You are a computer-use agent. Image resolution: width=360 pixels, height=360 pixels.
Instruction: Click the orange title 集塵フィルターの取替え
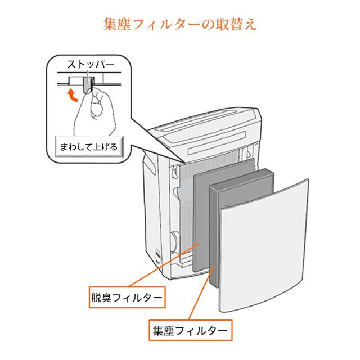pyautogui.click(x=180, y=24)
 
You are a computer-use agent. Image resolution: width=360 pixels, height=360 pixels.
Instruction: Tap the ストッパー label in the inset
pyautogui.click(x=90, y=65)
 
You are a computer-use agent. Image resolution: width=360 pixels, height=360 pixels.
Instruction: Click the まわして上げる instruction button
pyautogui.click(x=89, y=147)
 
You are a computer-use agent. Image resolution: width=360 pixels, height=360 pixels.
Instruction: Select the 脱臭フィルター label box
pyautogui.click(x=127, y=297)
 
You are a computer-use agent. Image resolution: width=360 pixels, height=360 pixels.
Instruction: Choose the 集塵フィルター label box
pyautogui.click(x=190, y=330)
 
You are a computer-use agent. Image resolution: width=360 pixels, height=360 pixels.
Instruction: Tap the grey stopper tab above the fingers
pyautogui.click(x=87, y=84)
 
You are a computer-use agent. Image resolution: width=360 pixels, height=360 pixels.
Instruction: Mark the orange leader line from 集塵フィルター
pyautogui.click(x=201, y=292)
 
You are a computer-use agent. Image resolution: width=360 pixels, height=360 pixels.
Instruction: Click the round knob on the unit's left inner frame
pyautogui.click(x=175, y=241)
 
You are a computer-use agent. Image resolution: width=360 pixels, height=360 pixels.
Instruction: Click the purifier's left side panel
pyautogui.click(x=152, y=206)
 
